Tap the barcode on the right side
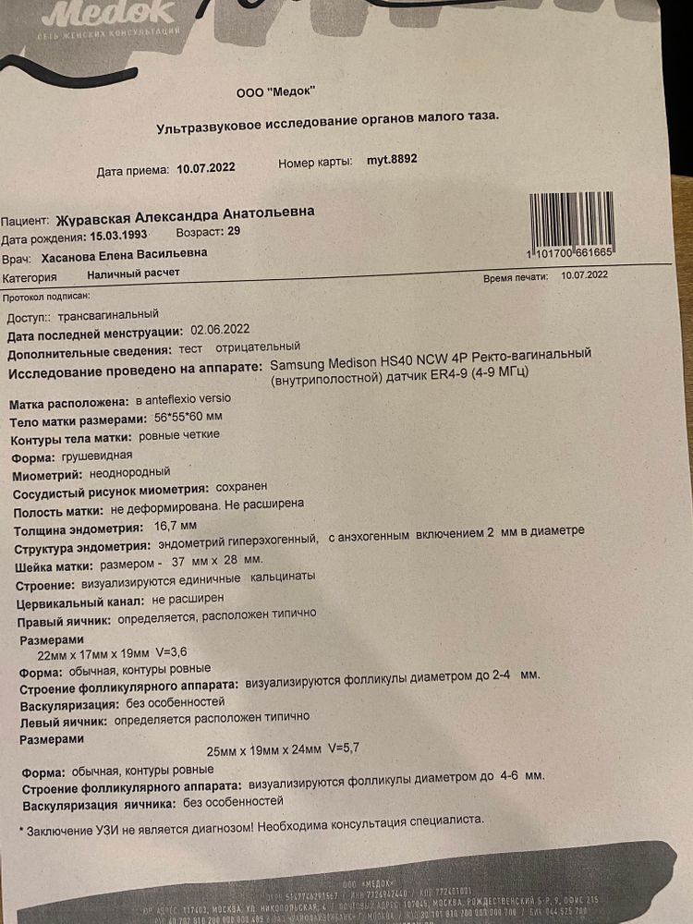(570, 219)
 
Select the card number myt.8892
(392, 159)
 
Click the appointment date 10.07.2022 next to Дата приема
(206, 168)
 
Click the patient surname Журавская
(97, 219)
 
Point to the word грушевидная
(97, 456)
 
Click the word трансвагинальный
(108, 315)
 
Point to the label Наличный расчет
(133, 274)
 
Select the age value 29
(233, 231)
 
